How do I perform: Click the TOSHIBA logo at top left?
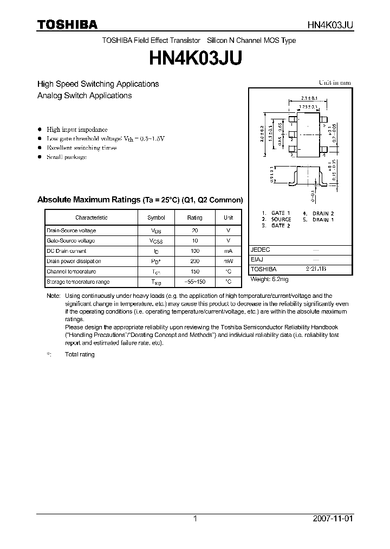point(67,25)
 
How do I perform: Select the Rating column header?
point(194,218)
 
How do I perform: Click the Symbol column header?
point(156,218)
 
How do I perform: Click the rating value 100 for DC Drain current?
point(194,251)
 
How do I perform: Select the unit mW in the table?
point(228,261)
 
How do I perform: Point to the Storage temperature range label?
point(78,282)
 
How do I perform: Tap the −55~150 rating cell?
point(194,282)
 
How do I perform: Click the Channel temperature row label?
point(71,272)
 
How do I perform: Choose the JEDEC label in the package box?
point(261,250)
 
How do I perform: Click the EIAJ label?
point(257,259)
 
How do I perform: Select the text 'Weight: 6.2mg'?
point(269,279)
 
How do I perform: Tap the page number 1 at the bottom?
point(195,519)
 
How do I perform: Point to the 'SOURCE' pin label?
point(281,219)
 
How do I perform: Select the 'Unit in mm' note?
point(335,83)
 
